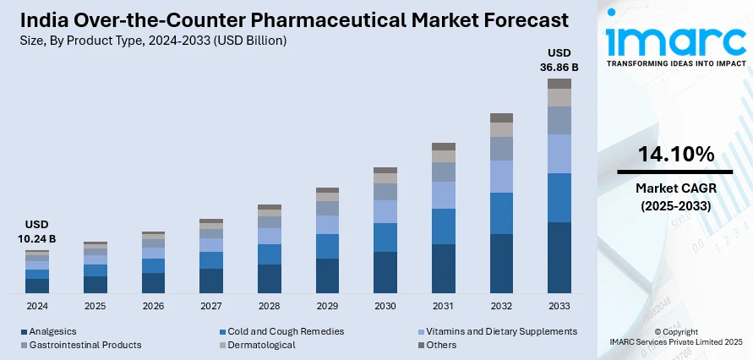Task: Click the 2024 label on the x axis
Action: pyautogui.click(x=37, y=305)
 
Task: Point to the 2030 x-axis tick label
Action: pyautogui.click(x=385, y=305)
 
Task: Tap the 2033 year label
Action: pyautogui.click(x=559, y=305)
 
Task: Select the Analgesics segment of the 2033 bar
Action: pyautogui.click(x=559, y=258)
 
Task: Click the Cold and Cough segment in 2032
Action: pyautogui.click(x=501, y=213)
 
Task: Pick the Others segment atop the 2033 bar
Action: pyautogui.click(x=559, y=84)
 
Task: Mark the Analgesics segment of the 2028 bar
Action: pyautogui.click(x=270, y=279)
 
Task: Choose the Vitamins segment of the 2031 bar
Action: pyautogui.click(x=444, y=195)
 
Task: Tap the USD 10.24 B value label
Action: pyautogui.click(x=37, y=232)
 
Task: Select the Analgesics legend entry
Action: pyautogui.click(x=52, y=331)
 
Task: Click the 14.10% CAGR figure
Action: pyautogui.click(x=676, y=155)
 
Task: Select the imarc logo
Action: pyautogui.click(x=676, y=39)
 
